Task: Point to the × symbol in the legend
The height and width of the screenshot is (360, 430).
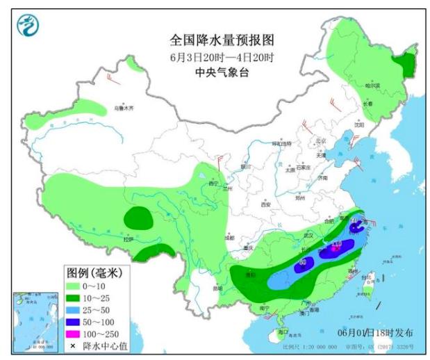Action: click(72, 346)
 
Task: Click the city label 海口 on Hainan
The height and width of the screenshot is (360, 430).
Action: click(282, 333)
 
